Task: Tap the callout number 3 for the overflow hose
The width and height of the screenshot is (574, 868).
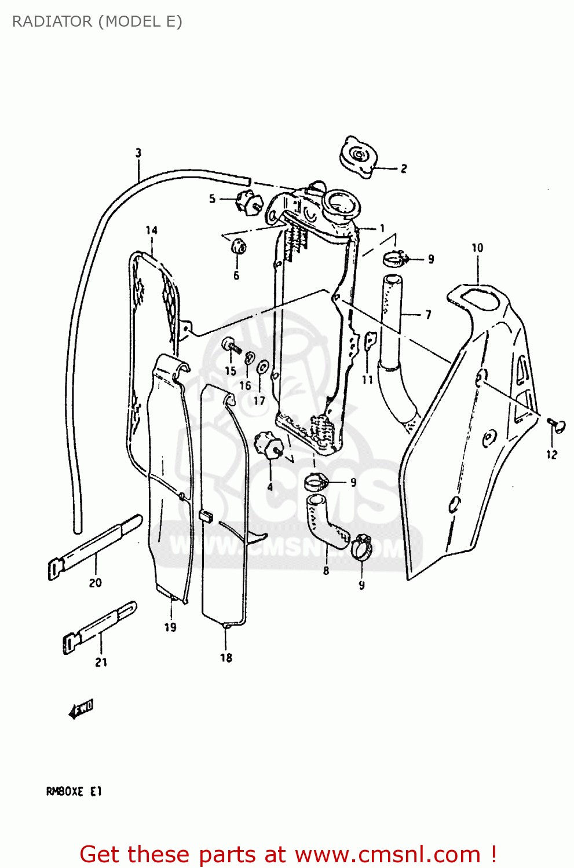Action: click(138, 153)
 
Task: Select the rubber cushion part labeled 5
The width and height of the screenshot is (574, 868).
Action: click(248, 202)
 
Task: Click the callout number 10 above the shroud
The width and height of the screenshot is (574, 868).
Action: click(477, 248)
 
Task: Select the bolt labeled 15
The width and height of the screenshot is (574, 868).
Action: click(231, 345)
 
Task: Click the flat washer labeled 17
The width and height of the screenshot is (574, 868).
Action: click(262, 367)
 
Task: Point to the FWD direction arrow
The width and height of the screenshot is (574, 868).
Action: click(81, 708)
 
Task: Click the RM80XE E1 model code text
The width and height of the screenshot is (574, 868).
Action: click(74, 791)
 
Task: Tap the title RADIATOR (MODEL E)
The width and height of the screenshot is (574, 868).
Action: click(97, 21)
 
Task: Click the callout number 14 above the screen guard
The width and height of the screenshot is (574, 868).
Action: click(151, 230)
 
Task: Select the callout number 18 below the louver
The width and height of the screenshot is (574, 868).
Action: click(226, 658)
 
